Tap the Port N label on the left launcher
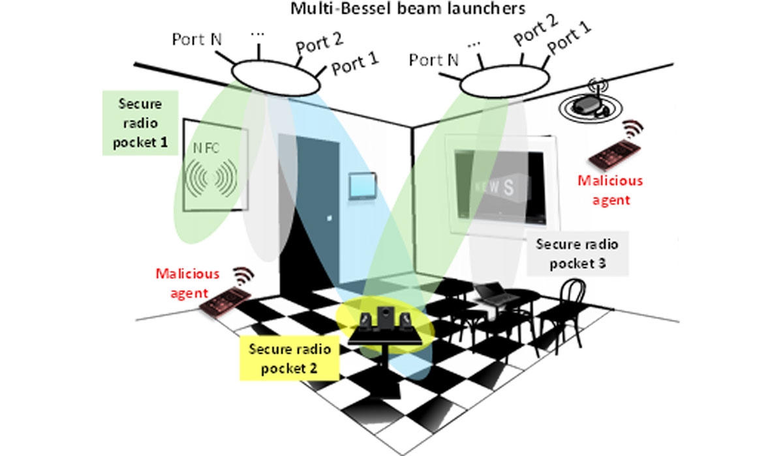(x=196, y=39)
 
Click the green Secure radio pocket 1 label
(x=141, y=123)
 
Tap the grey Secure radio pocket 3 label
(x=577, y=254)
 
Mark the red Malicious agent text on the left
(x=187, y=283)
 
